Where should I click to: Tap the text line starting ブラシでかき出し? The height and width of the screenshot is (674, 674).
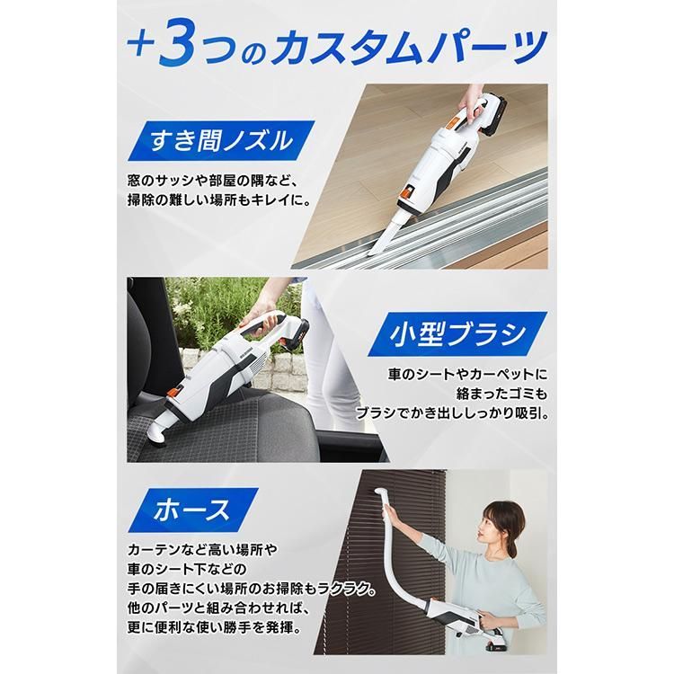[464, 414]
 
